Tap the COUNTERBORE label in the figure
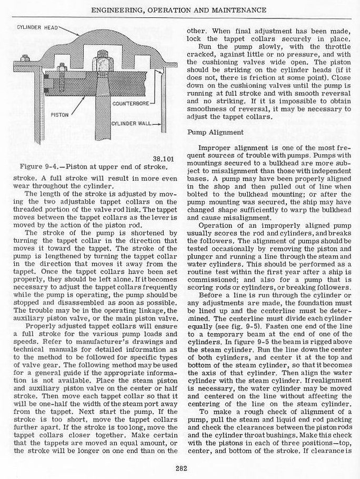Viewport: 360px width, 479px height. (130, 104)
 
